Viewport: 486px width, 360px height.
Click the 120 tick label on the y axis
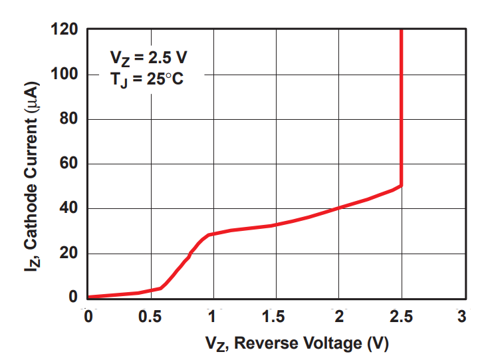pos(65,30)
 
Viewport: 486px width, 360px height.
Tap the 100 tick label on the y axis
pos(65,75)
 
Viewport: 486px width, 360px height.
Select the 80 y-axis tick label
pos(69,119)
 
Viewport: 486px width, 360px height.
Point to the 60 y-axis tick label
pos(69,164)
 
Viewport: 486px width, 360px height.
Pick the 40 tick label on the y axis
pos(69,208)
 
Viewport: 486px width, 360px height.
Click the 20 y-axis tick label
pos(69,253)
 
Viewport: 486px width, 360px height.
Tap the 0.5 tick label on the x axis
pos(150,315)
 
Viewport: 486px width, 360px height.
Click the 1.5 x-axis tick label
pos(275,315)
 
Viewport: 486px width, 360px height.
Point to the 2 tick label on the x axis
pos(338,315)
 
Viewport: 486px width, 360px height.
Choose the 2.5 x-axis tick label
pos(401,315)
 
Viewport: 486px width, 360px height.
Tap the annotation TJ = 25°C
pos(146,80)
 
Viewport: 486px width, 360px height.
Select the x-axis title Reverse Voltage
pos(296,344)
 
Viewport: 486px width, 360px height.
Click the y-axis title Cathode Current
pos(33,180)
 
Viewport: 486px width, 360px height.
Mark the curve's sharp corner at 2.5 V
pos(401,186)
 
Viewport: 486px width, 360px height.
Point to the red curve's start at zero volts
pos(89,297)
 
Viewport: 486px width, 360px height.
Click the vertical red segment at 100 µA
pos(401,75)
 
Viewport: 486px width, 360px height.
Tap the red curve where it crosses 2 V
pos(338,208)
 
